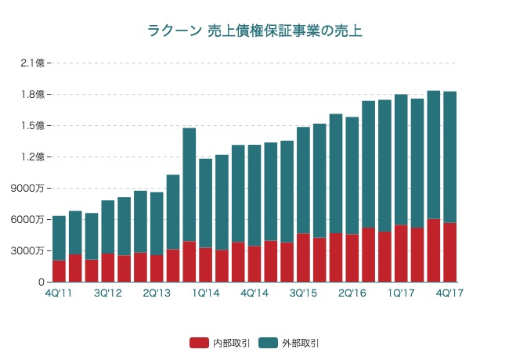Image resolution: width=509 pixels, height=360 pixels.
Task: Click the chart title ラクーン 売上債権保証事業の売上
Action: [254, 31]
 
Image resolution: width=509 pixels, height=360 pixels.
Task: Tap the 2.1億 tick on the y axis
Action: [33, 63]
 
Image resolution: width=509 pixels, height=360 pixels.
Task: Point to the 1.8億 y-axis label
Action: [33, 94]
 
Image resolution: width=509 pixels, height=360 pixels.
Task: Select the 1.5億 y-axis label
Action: [33, 125]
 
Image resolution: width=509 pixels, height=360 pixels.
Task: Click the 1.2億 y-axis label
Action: [33, 157]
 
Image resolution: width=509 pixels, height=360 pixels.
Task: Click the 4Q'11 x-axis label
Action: [59, 293]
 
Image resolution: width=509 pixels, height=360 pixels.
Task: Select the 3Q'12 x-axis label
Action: [107, 293]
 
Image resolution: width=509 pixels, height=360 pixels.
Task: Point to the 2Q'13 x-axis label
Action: [157, 293]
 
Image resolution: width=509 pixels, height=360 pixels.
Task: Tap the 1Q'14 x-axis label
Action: [205, 293]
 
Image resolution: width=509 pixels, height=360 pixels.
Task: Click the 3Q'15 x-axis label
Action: [303, 293]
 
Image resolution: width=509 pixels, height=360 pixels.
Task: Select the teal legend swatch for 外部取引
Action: [269, 343]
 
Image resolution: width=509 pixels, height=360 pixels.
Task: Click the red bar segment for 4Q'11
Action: [59, 271]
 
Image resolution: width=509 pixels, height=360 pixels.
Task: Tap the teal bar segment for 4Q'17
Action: [449, 157]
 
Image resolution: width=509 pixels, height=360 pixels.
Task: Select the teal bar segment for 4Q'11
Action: [59, 238]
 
